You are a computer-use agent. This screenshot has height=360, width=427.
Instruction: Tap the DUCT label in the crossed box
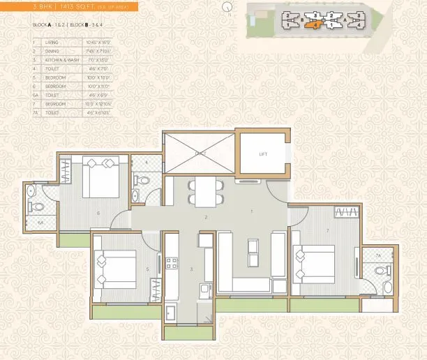(200, 151)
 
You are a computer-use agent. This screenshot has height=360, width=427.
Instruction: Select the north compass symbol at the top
(225, 6)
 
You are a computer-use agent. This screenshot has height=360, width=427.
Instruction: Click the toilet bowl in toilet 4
(143, 180)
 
